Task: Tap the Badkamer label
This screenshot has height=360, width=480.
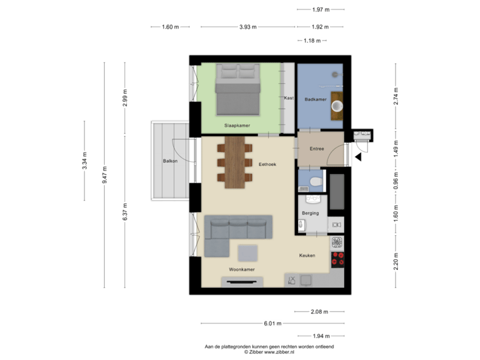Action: (x=315, y=99)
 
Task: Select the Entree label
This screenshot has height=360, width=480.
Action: (x=316, y=149)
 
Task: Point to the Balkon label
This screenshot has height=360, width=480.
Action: (x=169, y=161)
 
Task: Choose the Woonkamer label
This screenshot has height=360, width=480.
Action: (x=241, y=269)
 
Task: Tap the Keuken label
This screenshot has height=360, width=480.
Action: (x=307, y=255)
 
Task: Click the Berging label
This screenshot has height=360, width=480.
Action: (x=310, y=213)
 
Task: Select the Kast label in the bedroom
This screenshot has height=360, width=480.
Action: (x=289, y=98)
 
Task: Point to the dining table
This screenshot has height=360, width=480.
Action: (x=234, y=161)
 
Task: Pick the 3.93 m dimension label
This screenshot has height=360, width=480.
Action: (x=248, y=27)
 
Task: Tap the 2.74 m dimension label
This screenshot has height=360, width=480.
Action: (x=395, y=95)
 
